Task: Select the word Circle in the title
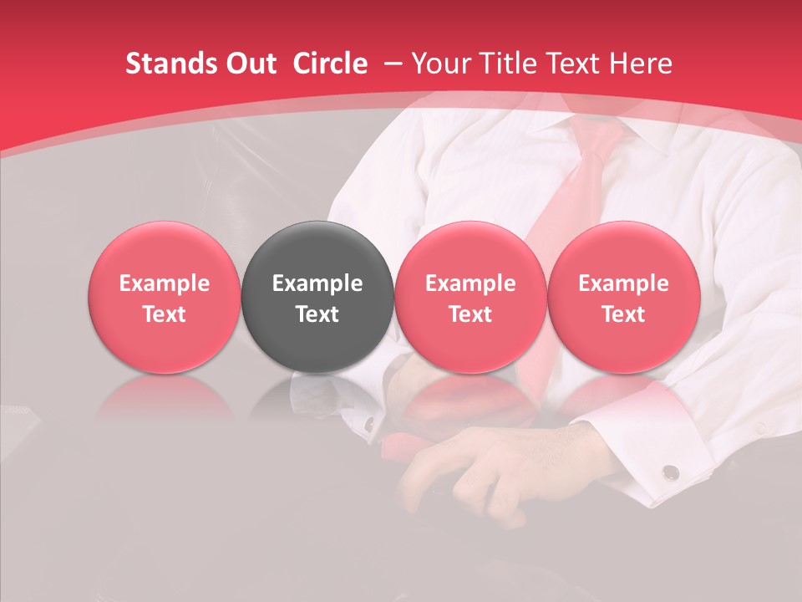pyautogui.click(x=330, y=64)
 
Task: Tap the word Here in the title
pyautogui.click(x=643, y=64)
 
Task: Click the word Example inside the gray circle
pyautogui.click(x=317, y=283)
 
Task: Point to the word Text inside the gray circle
pyautogui.click(x=317, y=314)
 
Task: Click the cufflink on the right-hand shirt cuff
pyautogui.click(x=670, y=473)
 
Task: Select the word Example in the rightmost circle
pyautogui.click(x=623, y=283)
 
